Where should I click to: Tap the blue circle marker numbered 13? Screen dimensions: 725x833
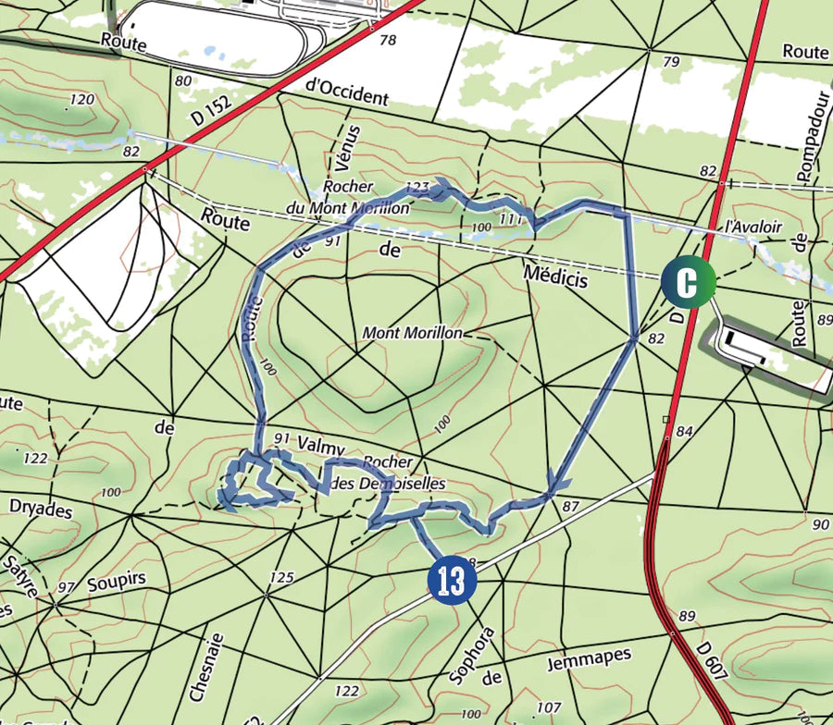(452, 581)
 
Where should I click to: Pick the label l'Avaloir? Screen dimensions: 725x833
(753, 227)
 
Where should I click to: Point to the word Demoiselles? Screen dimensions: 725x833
(398, 484)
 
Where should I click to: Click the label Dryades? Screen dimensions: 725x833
(41, 508)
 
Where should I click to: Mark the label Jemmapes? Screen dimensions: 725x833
(588, 658)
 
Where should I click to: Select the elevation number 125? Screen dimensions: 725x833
(281, 578)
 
